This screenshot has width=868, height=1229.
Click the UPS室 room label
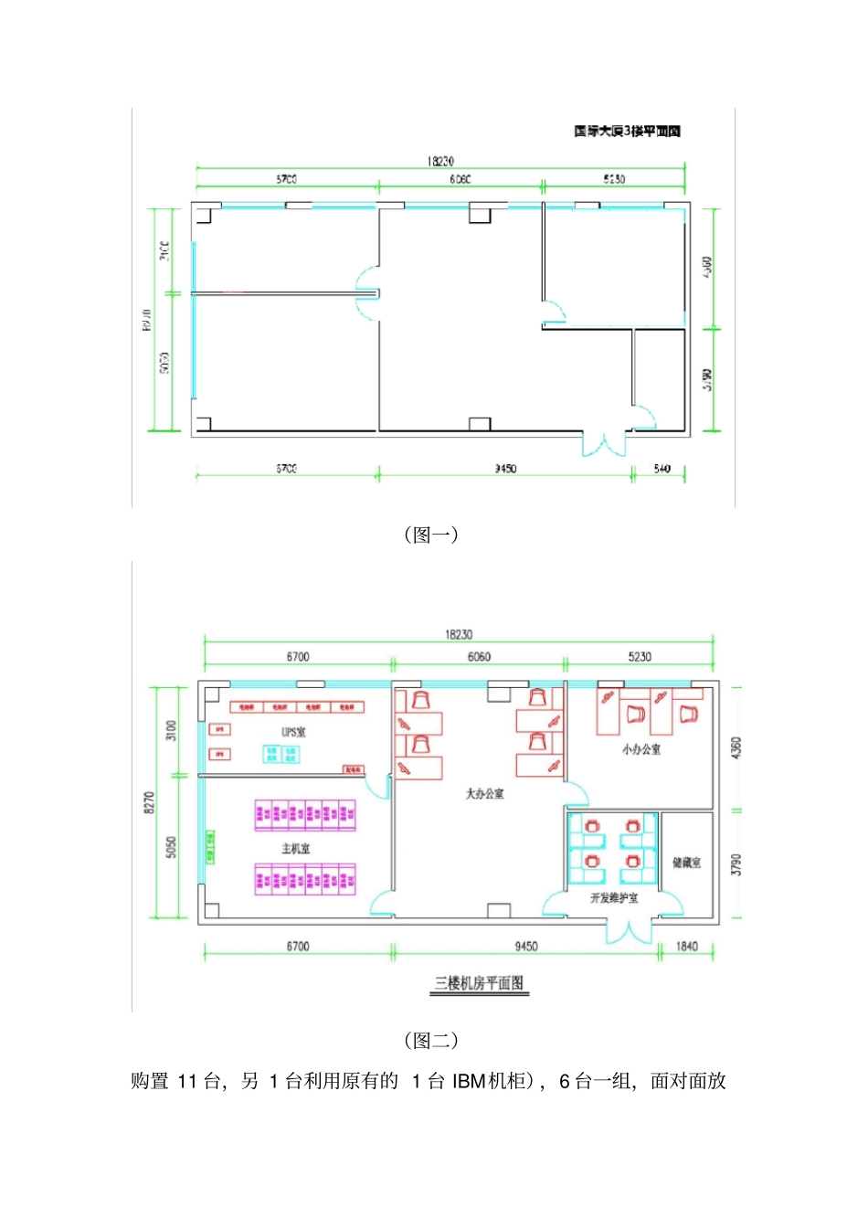pos(293,732)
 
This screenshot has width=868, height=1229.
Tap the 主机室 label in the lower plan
pos(295,849)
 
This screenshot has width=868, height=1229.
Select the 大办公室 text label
pos(484,793)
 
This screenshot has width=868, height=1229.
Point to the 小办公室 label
pos(641,749)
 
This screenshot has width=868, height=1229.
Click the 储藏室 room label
pos(686,863)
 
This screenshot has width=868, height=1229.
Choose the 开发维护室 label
pos(614,898)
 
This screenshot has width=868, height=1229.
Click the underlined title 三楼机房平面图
pos(479,983)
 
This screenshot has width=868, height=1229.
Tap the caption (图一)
pos(431,535)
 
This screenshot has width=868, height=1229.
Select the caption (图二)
pos(431,1040)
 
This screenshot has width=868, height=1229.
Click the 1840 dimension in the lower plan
pos(686,947)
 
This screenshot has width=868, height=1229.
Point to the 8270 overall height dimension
pos(150,802)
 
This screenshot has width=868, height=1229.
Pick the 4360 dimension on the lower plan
pos(736,747)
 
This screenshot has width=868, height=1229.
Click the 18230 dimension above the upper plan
pos(439,161)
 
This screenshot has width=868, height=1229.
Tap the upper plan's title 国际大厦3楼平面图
pos(627,132)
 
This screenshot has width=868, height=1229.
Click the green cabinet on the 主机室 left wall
pos(210,847)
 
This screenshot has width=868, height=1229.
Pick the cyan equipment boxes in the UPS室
pos(281,754)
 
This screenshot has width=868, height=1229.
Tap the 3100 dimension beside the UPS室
pos(171,730)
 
